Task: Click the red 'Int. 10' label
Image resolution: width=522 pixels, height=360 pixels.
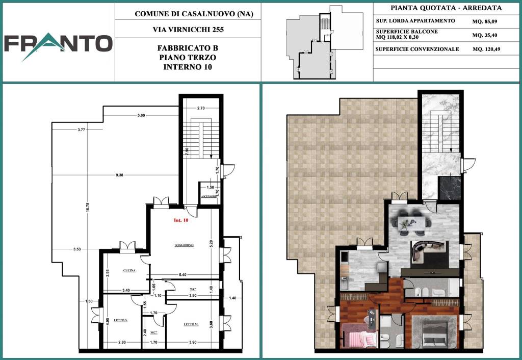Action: coord(181,220)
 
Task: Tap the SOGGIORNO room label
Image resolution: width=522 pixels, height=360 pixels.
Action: coord(184,245)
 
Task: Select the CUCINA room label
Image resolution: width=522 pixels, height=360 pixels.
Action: coord(129,270)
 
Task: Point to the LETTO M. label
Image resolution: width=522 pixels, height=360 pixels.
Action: coord(191,324)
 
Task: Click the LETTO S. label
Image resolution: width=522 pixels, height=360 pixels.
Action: coord(120,320)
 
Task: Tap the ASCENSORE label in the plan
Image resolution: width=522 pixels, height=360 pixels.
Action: coord(209,196)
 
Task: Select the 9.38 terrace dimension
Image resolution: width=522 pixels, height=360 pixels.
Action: coord(119,175)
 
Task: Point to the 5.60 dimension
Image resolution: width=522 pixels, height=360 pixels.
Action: coord(141,116)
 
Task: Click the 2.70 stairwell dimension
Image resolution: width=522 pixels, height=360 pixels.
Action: coord(201,108)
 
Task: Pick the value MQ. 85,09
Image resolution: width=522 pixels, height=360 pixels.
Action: coord(484,22)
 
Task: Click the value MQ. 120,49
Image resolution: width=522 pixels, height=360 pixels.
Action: coord(486,49)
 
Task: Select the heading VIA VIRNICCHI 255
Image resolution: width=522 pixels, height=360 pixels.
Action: coord(188,30)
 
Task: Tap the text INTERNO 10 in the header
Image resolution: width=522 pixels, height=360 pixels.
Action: coord(188,67)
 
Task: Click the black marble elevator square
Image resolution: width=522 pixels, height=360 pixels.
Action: coord(450,188)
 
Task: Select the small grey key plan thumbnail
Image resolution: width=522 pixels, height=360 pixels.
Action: coord(324,42)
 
